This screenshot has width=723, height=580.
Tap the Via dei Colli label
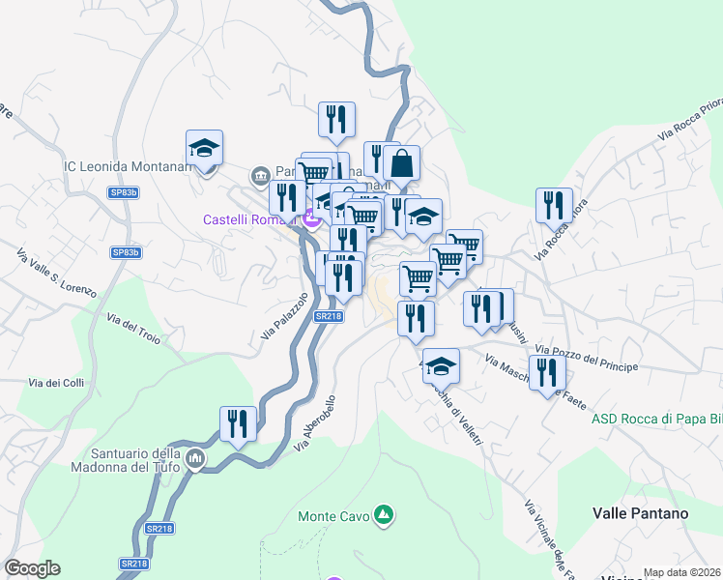coord(56,383)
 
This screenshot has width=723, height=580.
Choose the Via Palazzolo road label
coord(284,317)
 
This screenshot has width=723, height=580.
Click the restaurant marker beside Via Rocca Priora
coord(554,205)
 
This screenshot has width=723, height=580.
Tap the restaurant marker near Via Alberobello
coord(238,423)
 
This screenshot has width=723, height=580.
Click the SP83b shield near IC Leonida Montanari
coord(124,193)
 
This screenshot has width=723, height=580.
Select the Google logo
coord(33,568)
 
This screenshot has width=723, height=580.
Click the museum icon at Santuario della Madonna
coord(194,457)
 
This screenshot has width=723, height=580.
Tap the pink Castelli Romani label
coord(249,219)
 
